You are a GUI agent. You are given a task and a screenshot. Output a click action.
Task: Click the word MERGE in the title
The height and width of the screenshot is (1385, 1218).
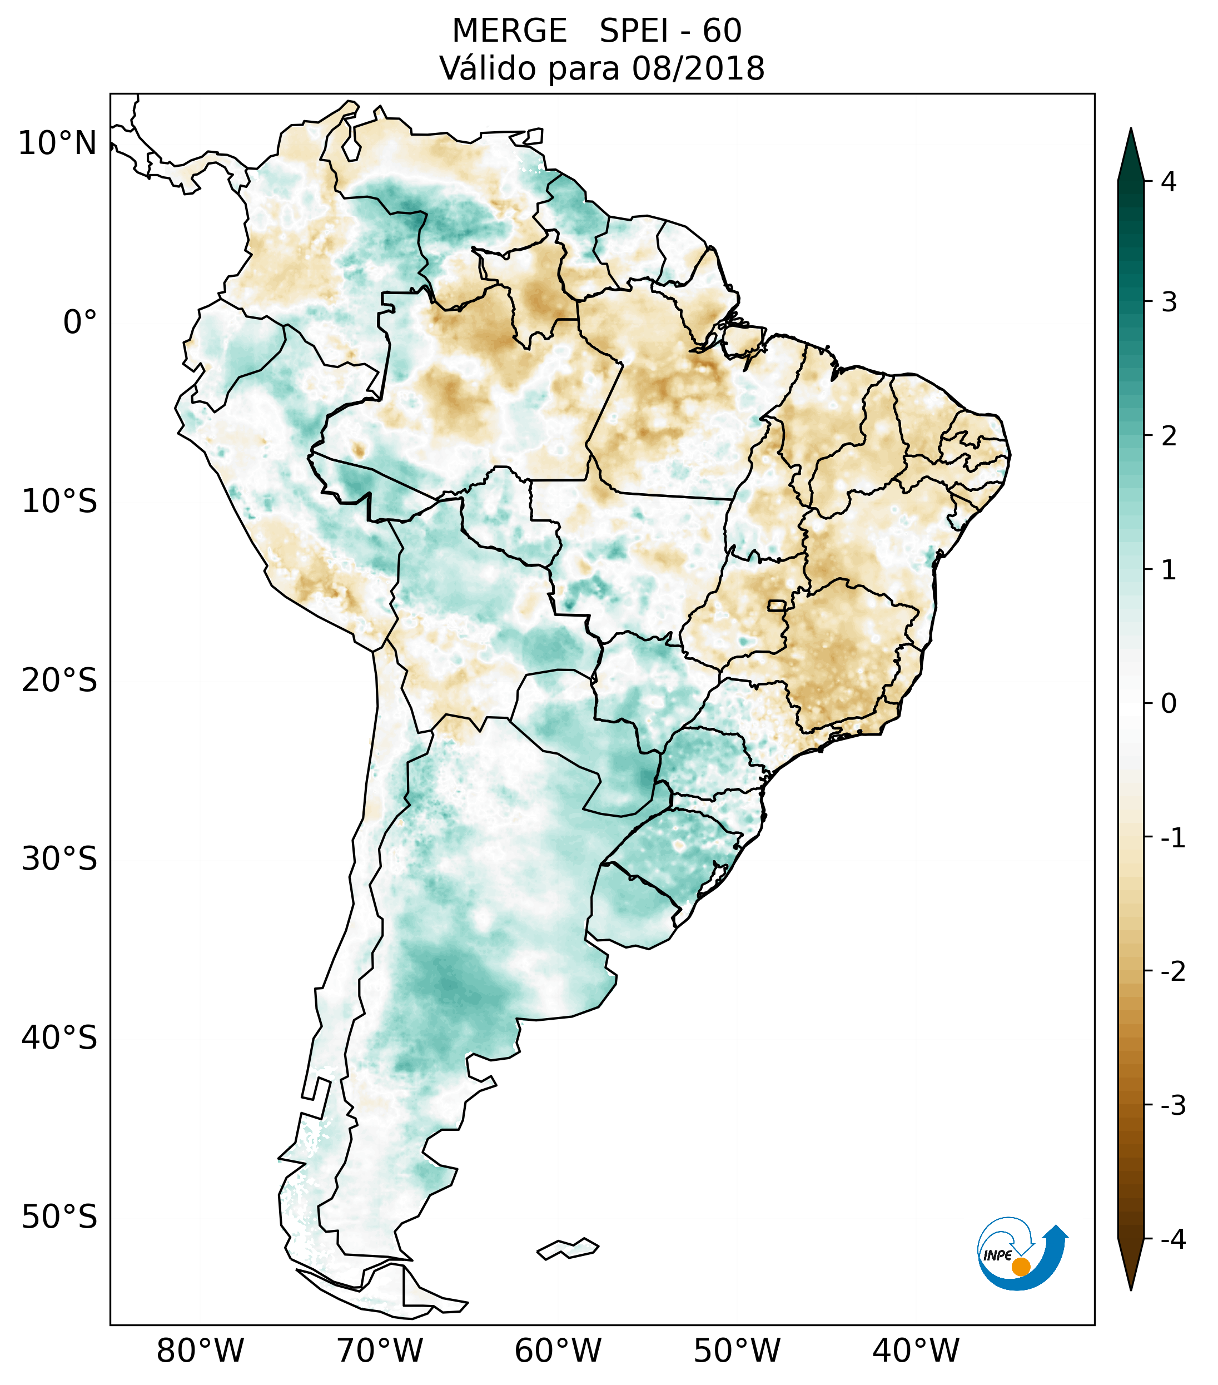click(x=509, y=31)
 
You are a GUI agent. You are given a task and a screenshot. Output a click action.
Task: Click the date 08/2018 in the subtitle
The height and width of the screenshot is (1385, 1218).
click(x=698, y=68)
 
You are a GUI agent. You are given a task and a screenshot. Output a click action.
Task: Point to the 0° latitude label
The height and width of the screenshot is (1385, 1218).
click(x=80, y=322)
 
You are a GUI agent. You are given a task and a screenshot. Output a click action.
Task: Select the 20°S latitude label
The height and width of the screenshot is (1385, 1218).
click(x=59, y=681)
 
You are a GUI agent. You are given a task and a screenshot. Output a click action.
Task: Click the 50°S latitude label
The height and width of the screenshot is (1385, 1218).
click(x=59, y=1218)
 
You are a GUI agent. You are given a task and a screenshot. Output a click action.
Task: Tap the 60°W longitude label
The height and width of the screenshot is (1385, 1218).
click(x=558, y=1351)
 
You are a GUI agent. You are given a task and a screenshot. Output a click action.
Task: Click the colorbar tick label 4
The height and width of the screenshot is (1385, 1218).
click(x=1169, y=182)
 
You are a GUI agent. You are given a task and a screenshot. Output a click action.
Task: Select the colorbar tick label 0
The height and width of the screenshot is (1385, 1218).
click(x=1169, y=704)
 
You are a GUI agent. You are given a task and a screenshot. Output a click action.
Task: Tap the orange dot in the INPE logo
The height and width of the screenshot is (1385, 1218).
click(x=1021, y=1267)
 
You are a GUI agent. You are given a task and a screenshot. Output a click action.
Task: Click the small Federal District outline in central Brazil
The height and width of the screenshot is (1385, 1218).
click(x=778, y=604)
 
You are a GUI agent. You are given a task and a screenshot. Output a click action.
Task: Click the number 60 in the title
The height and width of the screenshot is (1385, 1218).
click(x=722, y=31)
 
